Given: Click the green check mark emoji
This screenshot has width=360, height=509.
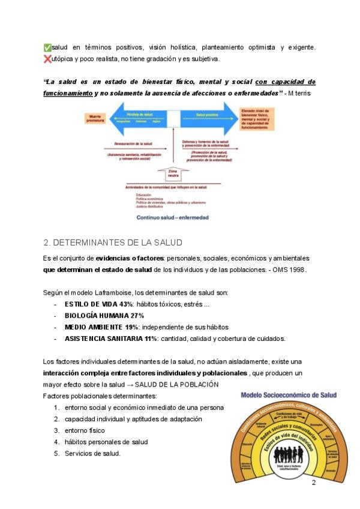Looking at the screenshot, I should coord(47,47).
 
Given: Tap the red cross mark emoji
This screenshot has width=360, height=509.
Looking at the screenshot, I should coord(47,59).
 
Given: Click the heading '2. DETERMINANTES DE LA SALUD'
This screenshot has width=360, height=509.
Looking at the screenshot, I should coord(113,242).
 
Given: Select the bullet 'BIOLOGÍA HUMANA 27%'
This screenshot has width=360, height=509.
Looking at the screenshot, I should coord(104,316).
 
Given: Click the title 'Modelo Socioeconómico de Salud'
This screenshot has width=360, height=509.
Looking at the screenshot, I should coord(289,395).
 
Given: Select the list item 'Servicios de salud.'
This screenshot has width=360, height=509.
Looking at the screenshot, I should coord(93,453).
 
